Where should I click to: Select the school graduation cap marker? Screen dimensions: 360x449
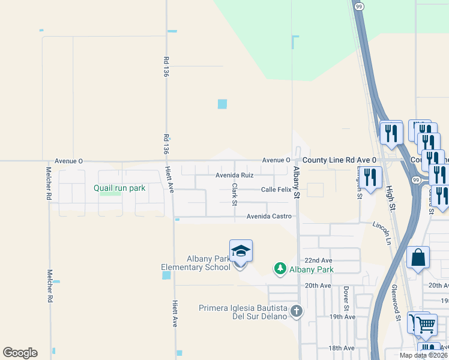point(241,250)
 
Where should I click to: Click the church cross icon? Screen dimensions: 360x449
point(296,311)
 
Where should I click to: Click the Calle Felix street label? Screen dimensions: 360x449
point(276,190)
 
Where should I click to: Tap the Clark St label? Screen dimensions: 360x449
point(235,193)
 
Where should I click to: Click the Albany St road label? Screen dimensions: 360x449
point(296,183)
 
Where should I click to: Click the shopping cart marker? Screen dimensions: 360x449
point(426,325)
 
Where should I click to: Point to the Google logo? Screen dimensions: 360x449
point(20,353)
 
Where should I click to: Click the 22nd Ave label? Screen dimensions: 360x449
point(318,260)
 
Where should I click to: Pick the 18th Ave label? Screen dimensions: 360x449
point(342,348)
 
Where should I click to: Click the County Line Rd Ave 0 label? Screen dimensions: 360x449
point(339,160)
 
